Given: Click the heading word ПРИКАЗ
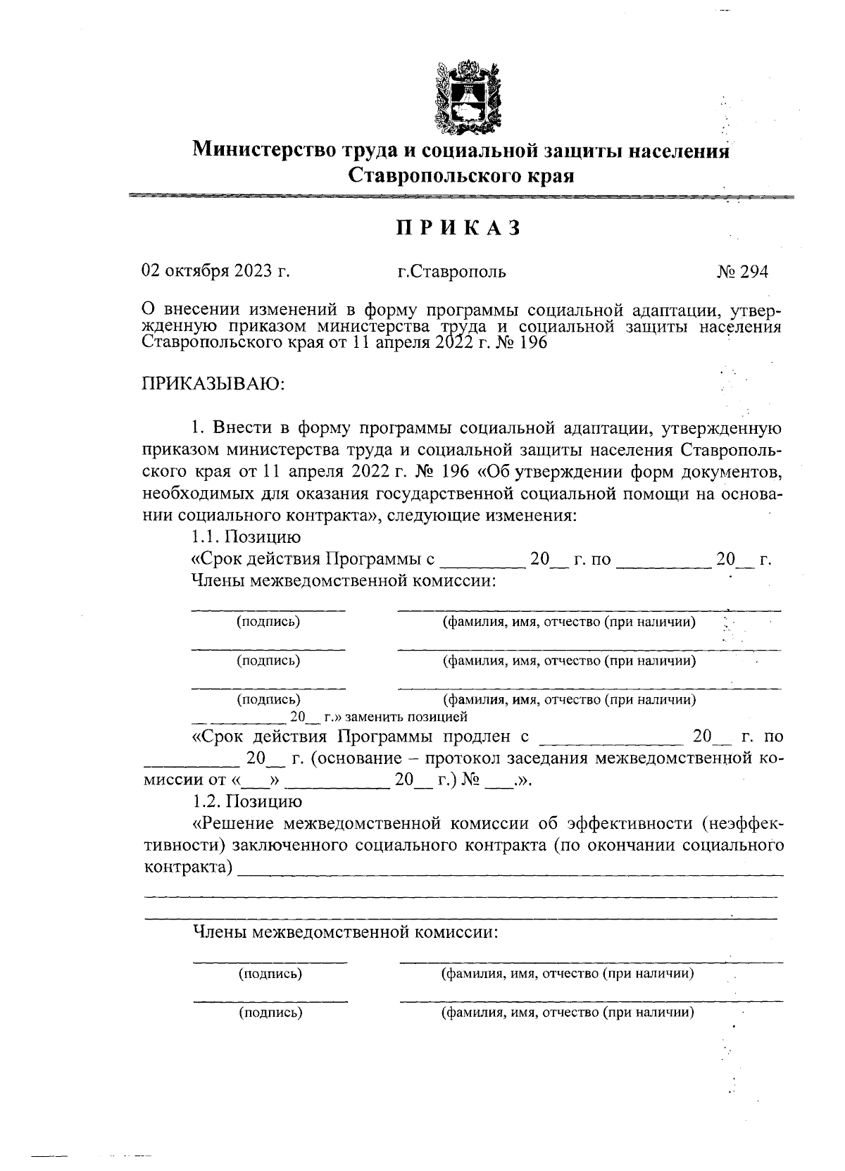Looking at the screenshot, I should point(458,229).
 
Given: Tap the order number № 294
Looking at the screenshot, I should point(742,272).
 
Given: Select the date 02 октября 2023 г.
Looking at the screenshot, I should point(216,272).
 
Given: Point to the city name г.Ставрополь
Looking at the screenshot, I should point(451,272).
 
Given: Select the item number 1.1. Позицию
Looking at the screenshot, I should point(246,537).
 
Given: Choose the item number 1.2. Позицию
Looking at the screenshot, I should point(247,801).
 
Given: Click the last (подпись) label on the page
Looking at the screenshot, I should point(270,1013).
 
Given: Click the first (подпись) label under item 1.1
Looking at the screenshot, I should point(268,622).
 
